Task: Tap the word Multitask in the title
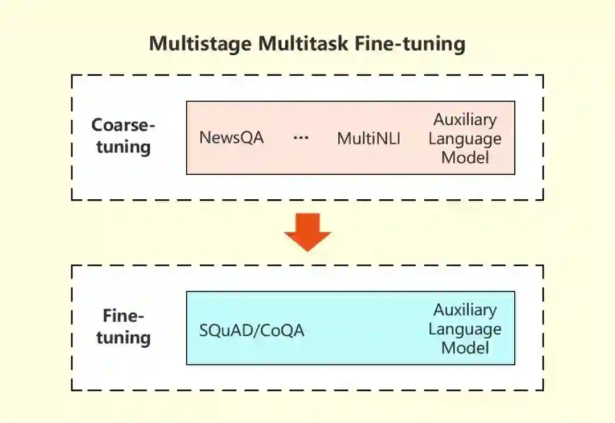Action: tap(304, 44)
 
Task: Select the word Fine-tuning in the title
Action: tap(410, 44)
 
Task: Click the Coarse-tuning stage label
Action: tap(124, 136)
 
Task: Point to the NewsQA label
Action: tap(232, 138)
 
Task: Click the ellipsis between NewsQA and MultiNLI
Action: tap(301, 138)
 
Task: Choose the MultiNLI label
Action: tap(368, 138)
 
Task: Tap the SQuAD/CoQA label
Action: tap(252, 330)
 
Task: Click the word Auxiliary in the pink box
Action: tap(465, 120)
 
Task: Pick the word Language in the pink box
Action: tap(465, 139)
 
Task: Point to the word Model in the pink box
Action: tap(465, 157)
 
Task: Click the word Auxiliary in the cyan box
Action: tap(465, 310)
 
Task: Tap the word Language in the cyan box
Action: tap(465, 329)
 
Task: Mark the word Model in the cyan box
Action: tap(465, 347)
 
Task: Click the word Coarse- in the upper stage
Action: tap(124, 125)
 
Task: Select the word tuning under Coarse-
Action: tap(124, 147)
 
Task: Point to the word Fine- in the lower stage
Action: tap(124, 315)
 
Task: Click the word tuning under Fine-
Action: tap(124, 337)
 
